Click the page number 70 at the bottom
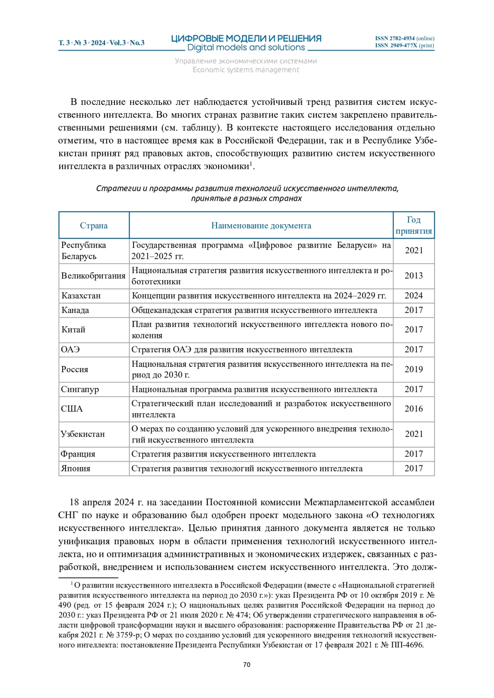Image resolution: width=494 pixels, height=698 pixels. pyautogui.click(x=247, y=665)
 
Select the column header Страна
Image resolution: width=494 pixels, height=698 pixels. pyautogui.click(x=94, y=225)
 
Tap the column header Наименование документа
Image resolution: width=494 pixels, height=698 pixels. pyautogui.click(x=261, y=225)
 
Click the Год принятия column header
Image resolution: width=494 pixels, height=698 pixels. pyautogui.click(x=413, y=225)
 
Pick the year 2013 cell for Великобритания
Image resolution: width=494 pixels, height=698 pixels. pyautogui.click(x=413, y=276)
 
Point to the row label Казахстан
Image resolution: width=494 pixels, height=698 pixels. pyautogui.click(x=81, y=296)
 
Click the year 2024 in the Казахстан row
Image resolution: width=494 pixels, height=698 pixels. pyautogui.click(x=413, y=296)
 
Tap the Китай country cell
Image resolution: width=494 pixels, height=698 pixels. pyautogui.click(x=74, y=329)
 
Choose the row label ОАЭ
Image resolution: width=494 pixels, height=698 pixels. pyautogui.click(x=70, y=350)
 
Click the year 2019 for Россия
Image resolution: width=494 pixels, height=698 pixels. pyautogui.click(x=413, y=369)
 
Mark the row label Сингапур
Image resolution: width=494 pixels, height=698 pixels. pyautogui.click(x=80, y=389)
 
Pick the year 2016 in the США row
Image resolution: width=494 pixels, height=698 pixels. pyautogui.click(x=413, y=409)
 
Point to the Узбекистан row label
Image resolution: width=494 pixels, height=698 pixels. pyautogui.click(x=83, y=434)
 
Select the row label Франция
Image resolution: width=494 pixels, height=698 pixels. pyautogui.click(x=78, y=454)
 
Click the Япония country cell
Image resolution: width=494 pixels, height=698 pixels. pyautogui.click(x=76, y=468)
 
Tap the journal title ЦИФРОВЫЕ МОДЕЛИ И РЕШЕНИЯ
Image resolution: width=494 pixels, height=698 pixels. pyautogui.click(x=246, y=39)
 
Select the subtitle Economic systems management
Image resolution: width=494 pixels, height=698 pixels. pyautogui.click(x=246, y=70)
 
